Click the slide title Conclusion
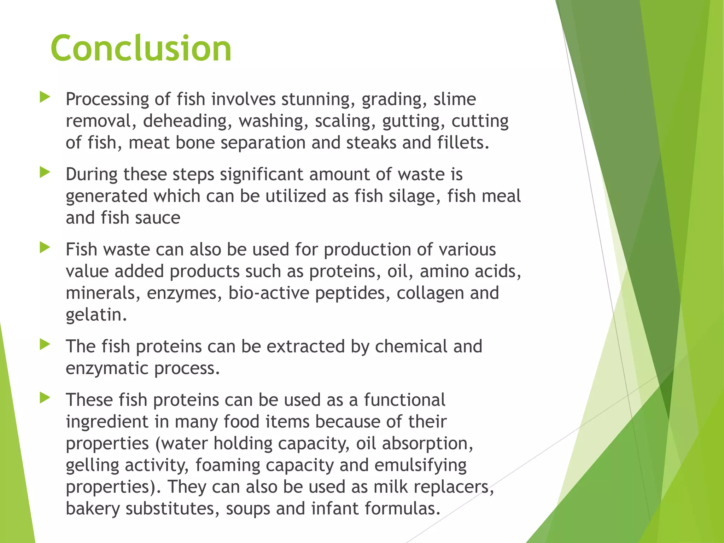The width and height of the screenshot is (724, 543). (x=141, y=48)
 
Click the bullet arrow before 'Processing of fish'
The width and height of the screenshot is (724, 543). (x=45, y=97)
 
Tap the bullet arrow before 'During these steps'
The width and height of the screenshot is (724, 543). (x=45, y=173)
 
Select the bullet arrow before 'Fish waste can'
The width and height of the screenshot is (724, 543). (x=45, y=247)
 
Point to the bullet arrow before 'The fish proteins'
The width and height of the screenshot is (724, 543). (x=45, y=344)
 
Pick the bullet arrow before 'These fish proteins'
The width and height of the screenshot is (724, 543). (x=45, y=398)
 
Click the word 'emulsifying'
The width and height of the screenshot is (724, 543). (x=420, y=466)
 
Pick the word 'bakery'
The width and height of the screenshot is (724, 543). (x=93, y=509)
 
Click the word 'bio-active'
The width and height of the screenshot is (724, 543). (x=269, y=293)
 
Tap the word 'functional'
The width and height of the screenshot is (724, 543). (x=404, y=400)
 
